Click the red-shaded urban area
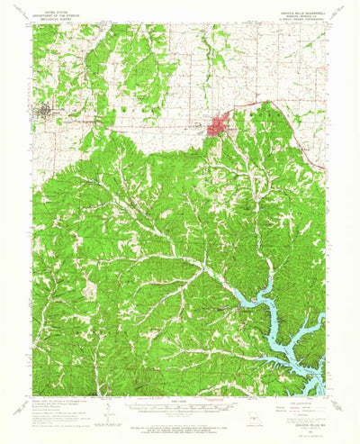point(219,127)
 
